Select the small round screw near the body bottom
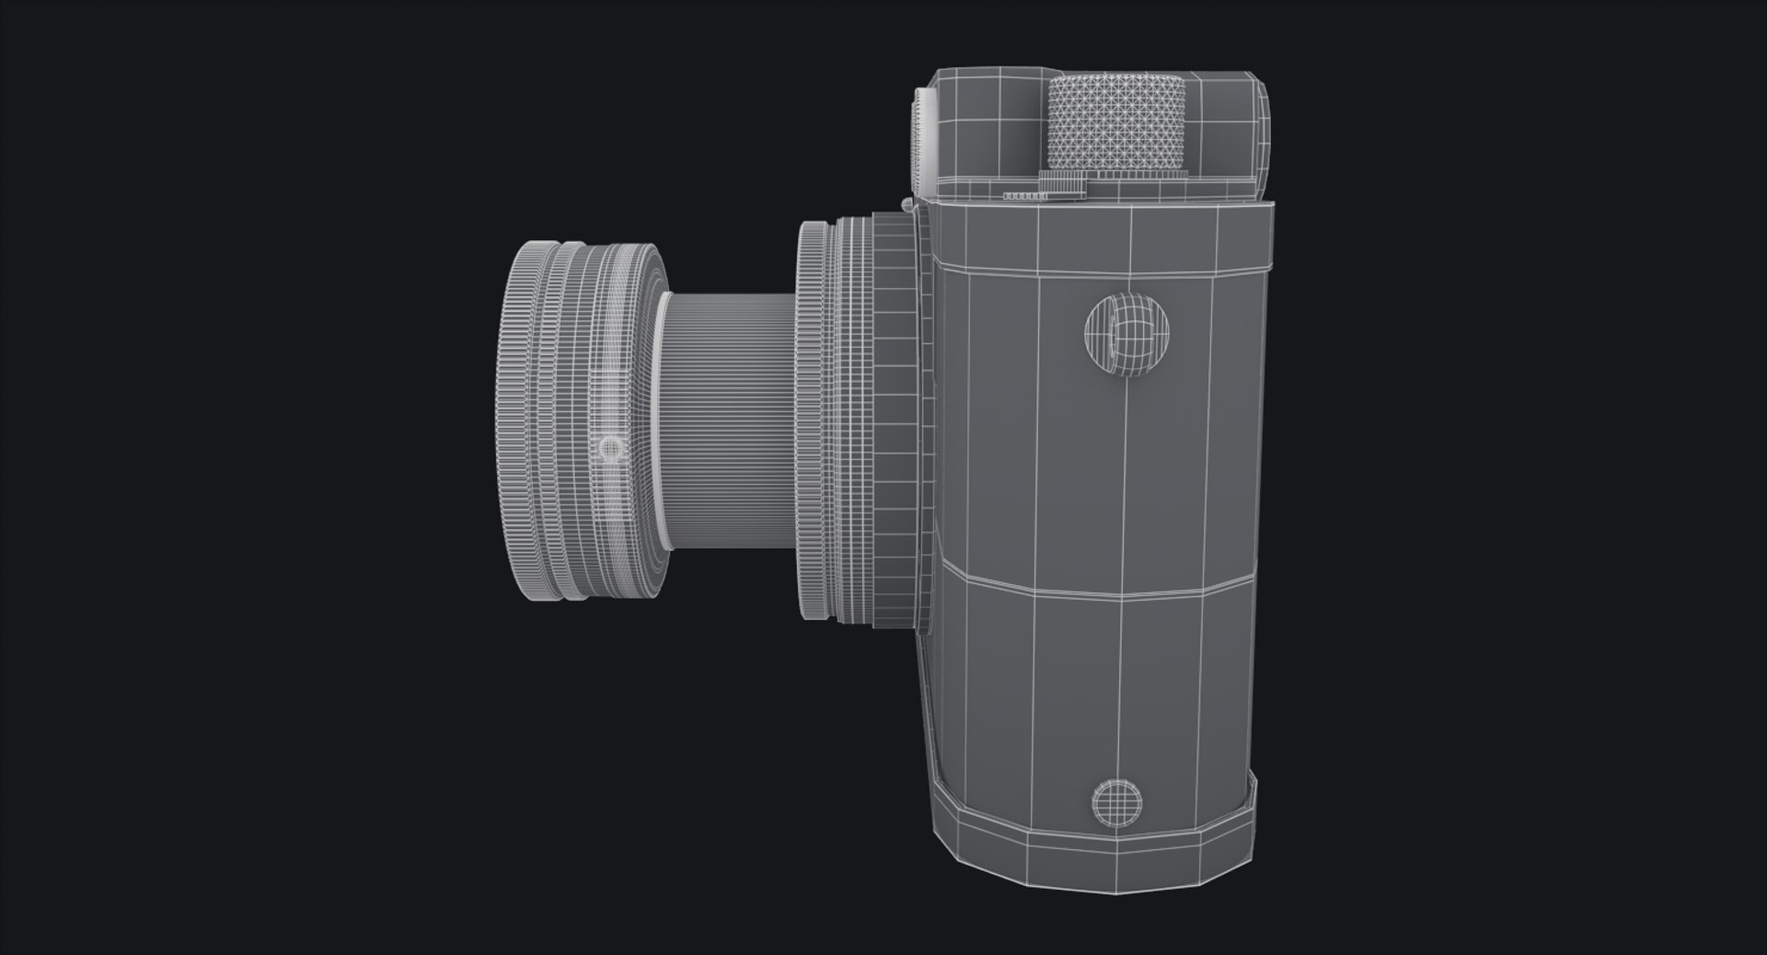(x=1116, y=800)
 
